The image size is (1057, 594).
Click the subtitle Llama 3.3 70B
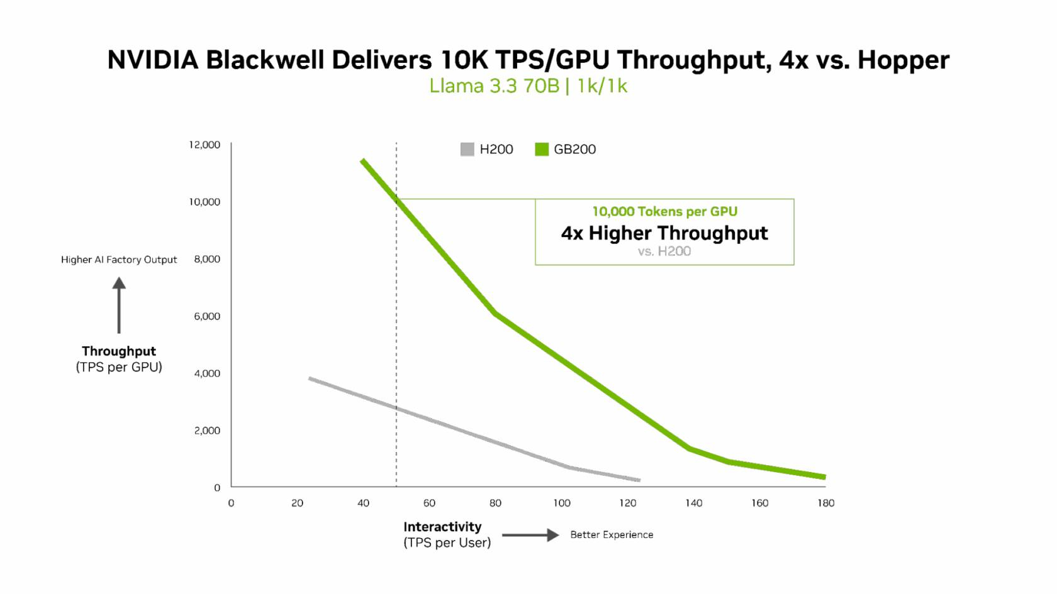coord(494,86)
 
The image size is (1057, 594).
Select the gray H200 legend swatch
coord(467,149)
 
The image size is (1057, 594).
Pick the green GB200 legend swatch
coord(542,149)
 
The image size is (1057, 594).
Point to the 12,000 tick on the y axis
coord(204,145)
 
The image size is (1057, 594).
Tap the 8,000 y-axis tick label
coord(207,259)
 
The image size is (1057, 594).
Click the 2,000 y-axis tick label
coord(207,431)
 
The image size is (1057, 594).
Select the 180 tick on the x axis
coord(825,503)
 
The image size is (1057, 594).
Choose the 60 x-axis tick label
coord(429,503)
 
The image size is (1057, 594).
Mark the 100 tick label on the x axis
coord(562,503)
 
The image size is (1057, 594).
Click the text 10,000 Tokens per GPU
coord(664,212)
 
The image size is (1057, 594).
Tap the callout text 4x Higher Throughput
coord(664,233)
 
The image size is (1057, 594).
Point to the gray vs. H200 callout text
coord(664,251)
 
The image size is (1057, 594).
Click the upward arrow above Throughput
coord(119,305)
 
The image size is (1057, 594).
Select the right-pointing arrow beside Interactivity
coord(530,535)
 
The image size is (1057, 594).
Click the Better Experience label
coord(612,535)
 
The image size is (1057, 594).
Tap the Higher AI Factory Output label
coord(119,260)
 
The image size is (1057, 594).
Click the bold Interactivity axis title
coord(442,527)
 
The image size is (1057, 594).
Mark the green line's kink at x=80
coord(496,313)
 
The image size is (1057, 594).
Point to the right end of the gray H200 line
coord(639,480)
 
